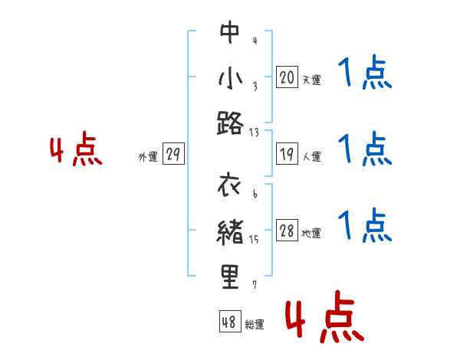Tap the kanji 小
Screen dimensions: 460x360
[230, 77]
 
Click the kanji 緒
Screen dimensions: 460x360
[230, 231]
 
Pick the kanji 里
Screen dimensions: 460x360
[230, 276]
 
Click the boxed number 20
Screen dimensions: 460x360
[287, 77]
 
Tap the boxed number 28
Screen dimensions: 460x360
[287, 232]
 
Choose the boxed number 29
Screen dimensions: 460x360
[173, 155]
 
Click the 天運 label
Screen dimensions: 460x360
[311, 80]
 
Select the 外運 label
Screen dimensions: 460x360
[147, 157]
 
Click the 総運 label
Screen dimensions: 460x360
[255, 324]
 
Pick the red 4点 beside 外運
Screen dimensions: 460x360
[76, 151]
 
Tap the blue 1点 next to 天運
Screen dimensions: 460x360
[364, 74]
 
